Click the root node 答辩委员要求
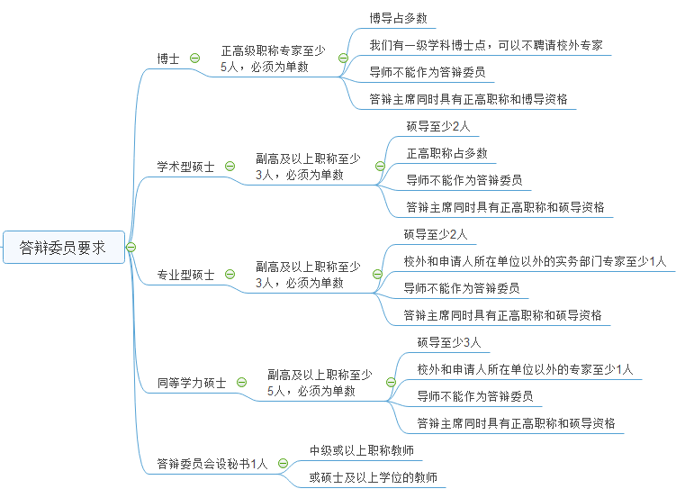point(63,247)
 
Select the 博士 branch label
point(168,59)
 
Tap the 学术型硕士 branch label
point(185,167)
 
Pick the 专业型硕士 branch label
point(185,275)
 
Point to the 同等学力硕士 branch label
point(191,383)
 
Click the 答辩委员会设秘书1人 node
point(212,464)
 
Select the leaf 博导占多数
point(398,18)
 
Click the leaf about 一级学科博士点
point(486,45)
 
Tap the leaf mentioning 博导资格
point(468,99)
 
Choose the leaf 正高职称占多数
point(446,153)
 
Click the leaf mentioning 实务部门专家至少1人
point(535,262)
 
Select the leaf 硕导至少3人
point(449,342)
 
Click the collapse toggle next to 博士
point(195,59)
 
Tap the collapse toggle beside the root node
point(131,247)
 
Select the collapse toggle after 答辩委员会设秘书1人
point(283,464)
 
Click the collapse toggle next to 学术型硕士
point(230,167)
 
